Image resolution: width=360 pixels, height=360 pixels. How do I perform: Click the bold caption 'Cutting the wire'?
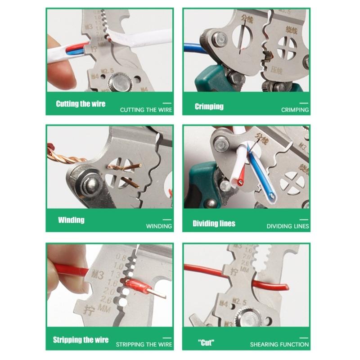(81, 104)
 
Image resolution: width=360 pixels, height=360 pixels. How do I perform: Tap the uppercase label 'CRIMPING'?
(295, 109)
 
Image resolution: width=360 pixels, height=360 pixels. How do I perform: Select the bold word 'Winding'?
(71, 220)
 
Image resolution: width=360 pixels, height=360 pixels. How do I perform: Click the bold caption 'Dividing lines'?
(214, 223)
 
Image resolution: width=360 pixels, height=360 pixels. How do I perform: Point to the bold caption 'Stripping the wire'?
(81, 339)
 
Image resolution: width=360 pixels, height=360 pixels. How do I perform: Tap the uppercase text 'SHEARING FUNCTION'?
(279, 345)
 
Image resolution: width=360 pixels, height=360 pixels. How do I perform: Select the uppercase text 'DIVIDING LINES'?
(288, 226)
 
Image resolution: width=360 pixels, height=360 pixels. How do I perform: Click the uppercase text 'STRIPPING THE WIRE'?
(144, 345)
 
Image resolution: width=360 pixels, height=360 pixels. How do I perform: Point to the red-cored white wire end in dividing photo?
(241, 183)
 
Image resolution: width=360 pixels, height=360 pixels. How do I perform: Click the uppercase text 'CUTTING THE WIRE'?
(146, 109)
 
